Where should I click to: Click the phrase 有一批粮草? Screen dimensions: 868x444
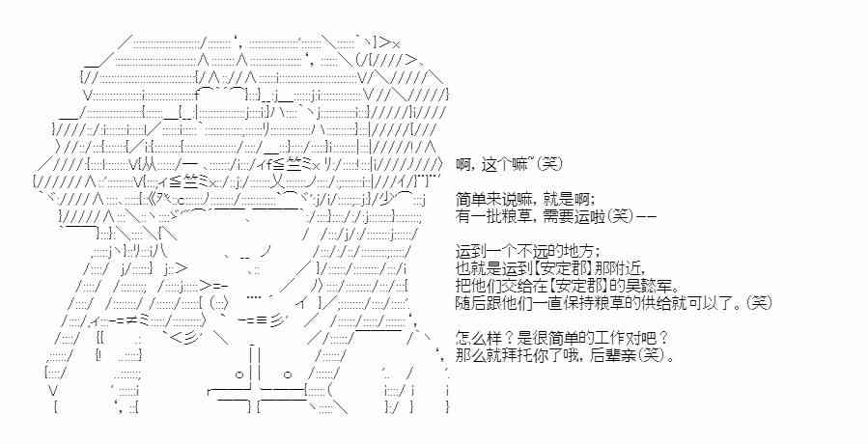pyautogui.click(x=490, y=215)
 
